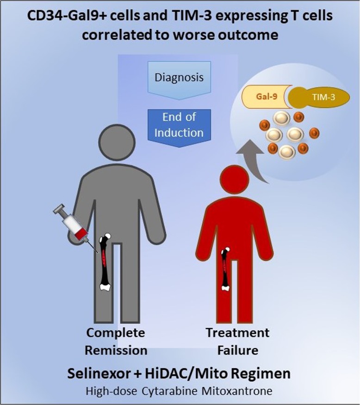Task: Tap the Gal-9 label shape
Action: (264, 98)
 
